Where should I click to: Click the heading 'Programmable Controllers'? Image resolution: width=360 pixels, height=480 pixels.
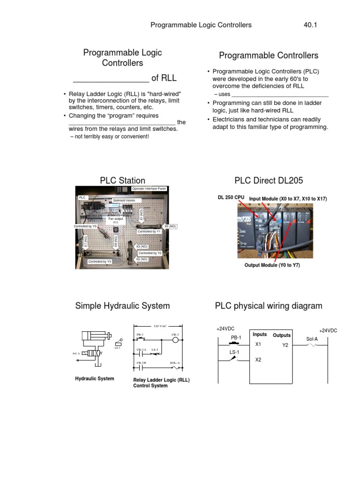pos(269,55)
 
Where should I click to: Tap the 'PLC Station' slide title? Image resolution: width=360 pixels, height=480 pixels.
pos(122,180)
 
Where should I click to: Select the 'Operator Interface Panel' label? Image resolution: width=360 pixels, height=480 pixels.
pos(149,188)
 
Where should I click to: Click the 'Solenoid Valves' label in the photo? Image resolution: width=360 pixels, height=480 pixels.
pos(124,200)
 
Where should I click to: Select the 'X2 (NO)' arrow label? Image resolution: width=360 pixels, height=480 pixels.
pos(142,259)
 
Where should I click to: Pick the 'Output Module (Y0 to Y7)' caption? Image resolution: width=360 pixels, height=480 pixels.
pos(272,265)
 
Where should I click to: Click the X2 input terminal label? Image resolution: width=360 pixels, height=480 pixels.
pos(258,360)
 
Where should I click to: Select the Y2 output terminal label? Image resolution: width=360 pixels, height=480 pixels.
pos(285,345)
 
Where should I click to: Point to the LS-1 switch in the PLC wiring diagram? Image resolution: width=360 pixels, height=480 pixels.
pos(233,360)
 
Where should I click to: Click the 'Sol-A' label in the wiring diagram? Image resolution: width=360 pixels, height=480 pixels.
pos(312,338)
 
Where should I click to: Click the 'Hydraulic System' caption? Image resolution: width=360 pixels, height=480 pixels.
pos(94,378)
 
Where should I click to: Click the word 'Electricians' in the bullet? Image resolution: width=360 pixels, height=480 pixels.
pos(230,120)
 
